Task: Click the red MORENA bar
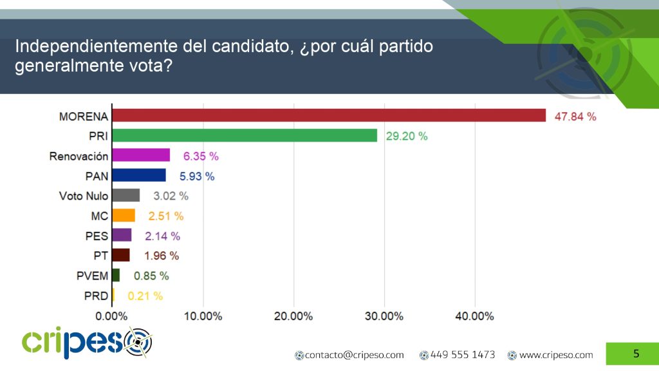(328, 115)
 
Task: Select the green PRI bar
(244, 135)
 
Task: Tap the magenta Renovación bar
(141, 155)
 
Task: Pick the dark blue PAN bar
(139, 175)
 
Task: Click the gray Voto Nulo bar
(125, 195)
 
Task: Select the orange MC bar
(124, 215)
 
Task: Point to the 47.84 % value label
(575, 117)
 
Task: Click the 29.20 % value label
(406, 137)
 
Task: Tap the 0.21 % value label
(145, 296)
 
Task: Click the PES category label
(97, 236)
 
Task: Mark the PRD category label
(96, 296)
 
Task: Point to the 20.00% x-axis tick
(293, 316)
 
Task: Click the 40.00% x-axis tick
(474, 316)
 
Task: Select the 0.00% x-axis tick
(112, 316)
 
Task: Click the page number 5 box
(636, 354)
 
